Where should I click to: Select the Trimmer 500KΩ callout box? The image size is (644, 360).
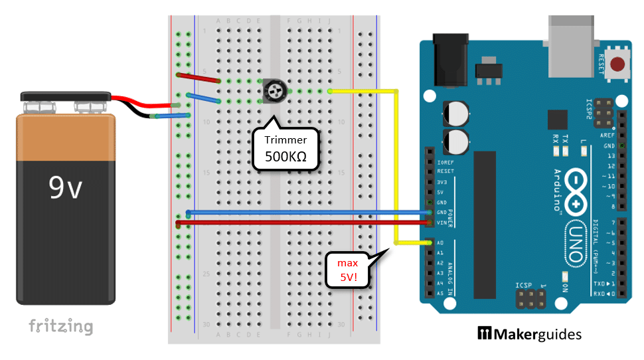[x=285, y=148]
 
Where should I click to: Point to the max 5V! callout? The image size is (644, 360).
[x=347, y=270]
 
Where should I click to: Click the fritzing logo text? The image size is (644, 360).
[x=60, y=326]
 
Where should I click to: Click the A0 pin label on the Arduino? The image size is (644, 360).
[x=440, y=243]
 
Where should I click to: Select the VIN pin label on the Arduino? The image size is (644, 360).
[x=441, y=222]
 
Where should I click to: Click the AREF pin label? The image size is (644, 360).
[x=607, y=134]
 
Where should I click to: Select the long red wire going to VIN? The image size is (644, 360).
[x=299, y=223]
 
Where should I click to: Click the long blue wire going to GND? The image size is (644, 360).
[x=299, y=213]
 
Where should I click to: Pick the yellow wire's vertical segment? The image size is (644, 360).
[x=396, y=166]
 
